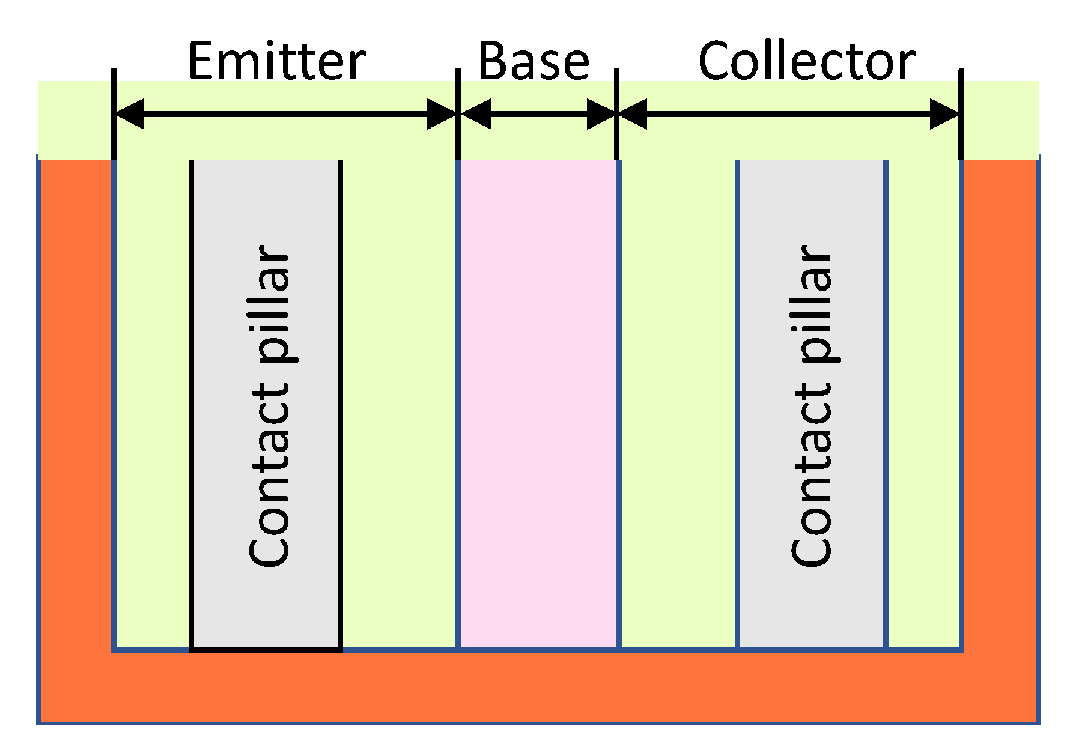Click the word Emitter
point(276,61)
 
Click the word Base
point(533,61)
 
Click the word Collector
point(806,61)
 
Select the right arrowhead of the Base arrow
point(601,114)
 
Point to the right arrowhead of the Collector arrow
point(944,114)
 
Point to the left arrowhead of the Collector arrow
point(633,114)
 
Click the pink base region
point(538,402)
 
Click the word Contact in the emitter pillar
point(270,474)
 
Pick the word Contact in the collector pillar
point(812,474)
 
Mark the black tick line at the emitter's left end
point(114,114)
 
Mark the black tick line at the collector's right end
point(961,114)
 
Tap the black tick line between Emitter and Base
point(458,114)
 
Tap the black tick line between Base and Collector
point(616,114)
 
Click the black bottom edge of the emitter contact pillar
point(266,650)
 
